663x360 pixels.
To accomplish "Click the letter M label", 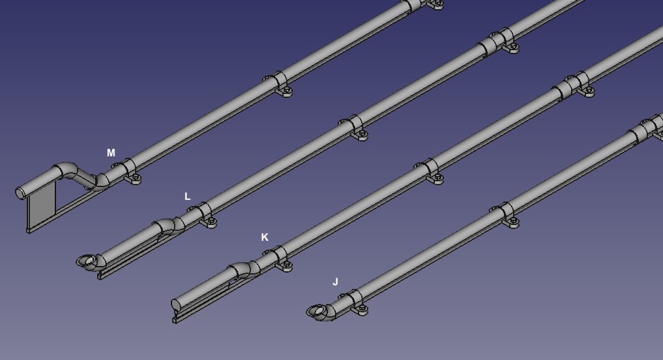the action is (111, 153).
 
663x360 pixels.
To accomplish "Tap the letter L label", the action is (188, 196).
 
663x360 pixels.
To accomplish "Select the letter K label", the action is (265, 237).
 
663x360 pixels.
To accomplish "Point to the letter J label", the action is (335, 282).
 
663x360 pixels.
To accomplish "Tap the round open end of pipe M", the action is (20, 194).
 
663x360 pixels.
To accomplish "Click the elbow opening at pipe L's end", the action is (87, 262).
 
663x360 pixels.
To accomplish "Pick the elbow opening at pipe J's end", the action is (316, 311).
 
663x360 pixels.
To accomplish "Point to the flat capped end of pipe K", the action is (177, 305).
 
